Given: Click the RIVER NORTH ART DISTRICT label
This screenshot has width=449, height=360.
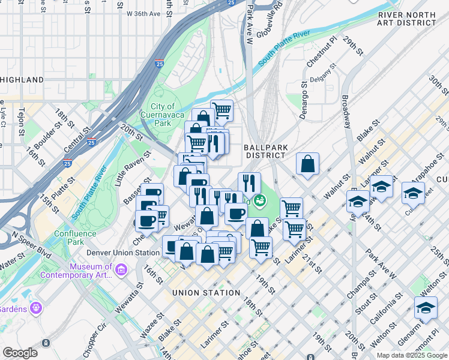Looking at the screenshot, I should click(x=406, y=19).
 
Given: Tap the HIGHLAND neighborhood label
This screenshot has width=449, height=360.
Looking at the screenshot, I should click(x=22, y=80).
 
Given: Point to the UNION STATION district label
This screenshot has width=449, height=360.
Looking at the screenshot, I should click(x=206, y=293).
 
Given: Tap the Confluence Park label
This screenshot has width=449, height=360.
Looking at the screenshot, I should click(x=76, y=238).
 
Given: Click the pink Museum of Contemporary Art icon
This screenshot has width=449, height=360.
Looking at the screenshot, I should click(x=122, y=271).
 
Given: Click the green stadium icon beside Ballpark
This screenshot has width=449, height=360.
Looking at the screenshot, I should click(x=259, y=201).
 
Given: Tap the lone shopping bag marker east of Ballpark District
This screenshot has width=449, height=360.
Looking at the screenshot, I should click(x=307, y=164).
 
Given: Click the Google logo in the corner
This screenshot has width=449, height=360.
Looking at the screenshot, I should click(x=20, y=353).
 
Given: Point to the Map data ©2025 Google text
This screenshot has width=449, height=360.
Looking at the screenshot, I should click(x=411, y=355).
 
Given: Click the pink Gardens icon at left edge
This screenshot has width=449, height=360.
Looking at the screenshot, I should click(x=37, y=308).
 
